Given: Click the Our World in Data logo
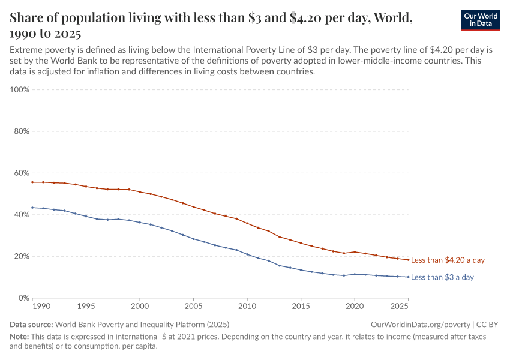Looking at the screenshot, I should pos(480,20).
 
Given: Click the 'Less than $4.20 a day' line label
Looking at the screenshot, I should pos(448,260).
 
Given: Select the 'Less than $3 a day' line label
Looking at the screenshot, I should pos(442,277).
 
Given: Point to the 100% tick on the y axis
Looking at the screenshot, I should pos(20,90).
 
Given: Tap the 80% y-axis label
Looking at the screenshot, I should pos(22,131).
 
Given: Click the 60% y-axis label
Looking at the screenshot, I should pos(22,173).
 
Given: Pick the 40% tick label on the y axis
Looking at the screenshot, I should pos(22,215).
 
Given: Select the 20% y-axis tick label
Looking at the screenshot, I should pos(22,256).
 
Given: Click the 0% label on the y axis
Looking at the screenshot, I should pos(24,298).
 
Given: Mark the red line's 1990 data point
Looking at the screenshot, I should pos(33,182).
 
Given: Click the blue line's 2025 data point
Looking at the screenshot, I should pos(408,277).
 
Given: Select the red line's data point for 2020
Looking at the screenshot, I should pos(355,252).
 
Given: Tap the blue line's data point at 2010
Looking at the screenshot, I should pos(247,254).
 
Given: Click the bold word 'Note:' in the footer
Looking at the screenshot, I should pos(20,337).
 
